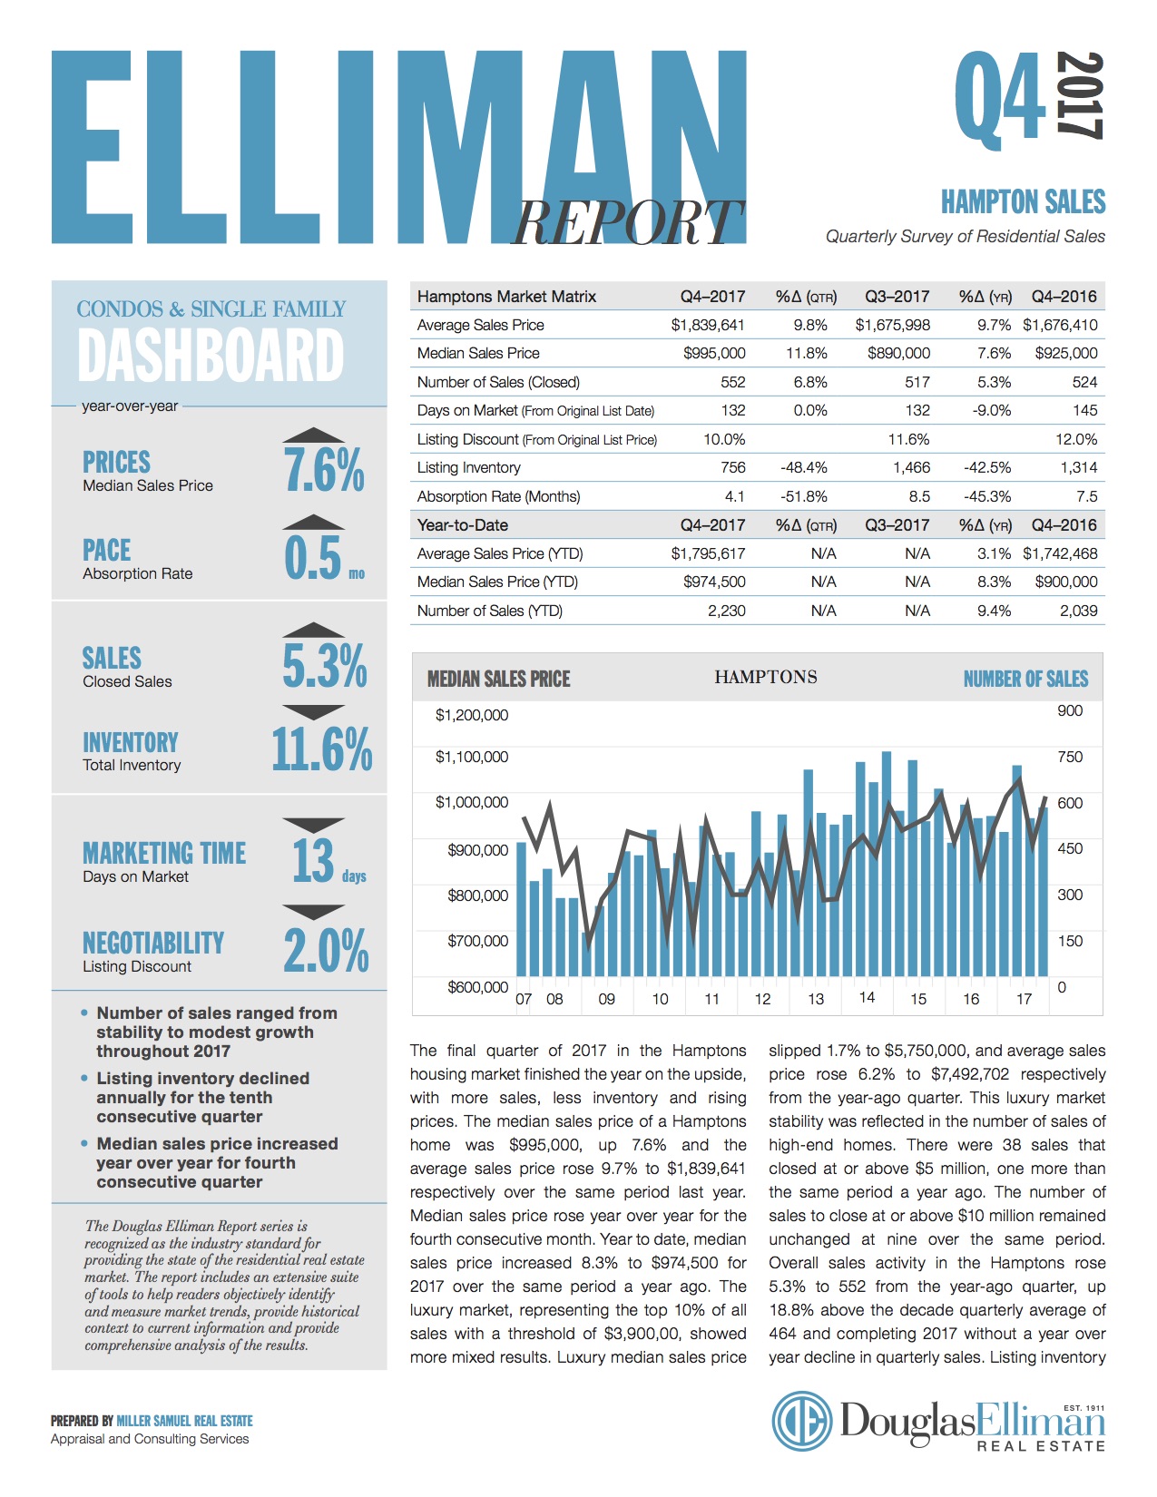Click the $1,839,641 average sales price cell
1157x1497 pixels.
(x=708, y=325)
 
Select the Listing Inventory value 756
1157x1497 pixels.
(x=733, y=468)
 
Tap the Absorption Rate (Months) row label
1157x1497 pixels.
(x=498, y=496)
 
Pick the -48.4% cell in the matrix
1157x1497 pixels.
(x=803, y=468)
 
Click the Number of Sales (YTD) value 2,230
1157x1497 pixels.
(x=726, y=612)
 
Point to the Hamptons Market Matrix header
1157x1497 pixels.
(x=506, y=297)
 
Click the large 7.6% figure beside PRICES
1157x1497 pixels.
(x=324, y=470)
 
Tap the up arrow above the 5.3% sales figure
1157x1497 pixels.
(x=314, y=630)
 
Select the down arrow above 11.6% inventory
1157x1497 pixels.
(x=314, y=712)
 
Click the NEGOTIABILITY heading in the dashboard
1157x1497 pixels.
(x=153, y=944)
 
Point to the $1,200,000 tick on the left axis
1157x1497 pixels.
(x=471, y=715)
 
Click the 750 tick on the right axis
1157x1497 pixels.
(x=1070, y=757)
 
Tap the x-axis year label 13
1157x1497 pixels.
(x=816, y=999)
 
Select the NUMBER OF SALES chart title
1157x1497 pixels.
(x=1025, y=680)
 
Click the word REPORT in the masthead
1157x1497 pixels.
(x=627, y=222)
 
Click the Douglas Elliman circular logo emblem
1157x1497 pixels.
(x=801, y=1421)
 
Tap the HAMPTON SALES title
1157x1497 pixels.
(x=1023, y=202)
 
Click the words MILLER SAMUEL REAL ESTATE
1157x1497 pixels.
(x=185, y=1421)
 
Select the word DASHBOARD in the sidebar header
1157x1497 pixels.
(x=211, y=356)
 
